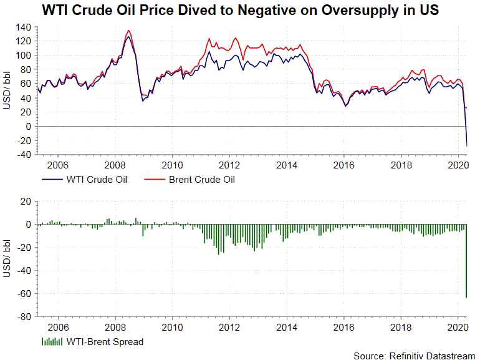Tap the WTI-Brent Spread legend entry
tap(104, 341)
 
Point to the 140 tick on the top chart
tap(24, 27)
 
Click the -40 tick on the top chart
tap(23, 155)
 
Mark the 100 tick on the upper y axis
tap(24, 55)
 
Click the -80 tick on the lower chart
tap(23, 317)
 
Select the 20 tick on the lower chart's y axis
tap(26, 202)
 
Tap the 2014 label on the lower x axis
tap(286, 326)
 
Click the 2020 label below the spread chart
tap(458, 326)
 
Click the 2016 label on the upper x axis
tap(343, 165)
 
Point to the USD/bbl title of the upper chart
tap(7, 90)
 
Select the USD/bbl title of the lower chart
tap(7, 259)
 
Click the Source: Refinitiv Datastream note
tap(414, 355)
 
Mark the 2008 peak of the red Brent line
tap(128, 31)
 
